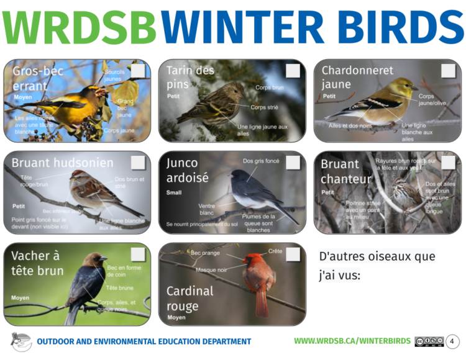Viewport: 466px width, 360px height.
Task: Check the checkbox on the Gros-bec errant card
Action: (x=138, y=71)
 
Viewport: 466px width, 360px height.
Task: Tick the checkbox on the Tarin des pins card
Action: (x=293, y=71)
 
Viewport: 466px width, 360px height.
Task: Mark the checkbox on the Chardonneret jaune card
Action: (x=448, y=71)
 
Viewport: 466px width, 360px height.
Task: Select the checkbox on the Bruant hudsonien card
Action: (x=138, y=163)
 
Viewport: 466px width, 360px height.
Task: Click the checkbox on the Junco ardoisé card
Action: (x=293, y=163)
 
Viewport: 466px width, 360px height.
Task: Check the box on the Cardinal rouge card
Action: (x=293, y=254)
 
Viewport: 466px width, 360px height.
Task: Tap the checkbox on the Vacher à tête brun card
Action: (x=138, y=254)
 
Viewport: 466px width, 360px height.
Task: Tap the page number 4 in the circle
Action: (x=452, y=341)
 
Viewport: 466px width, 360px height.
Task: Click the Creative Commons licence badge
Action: (x=429, y=341)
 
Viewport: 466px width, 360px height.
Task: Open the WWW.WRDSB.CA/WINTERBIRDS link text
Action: (x=352, y=341)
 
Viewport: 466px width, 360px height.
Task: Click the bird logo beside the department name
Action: (x=21, y=341)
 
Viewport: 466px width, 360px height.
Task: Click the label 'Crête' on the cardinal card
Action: (x=275, y=251)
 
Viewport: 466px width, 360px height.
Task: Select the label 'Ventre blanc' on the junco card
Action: (x=207, y=209)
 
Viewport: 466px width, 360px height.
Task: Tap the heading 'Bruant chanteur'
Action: (x=346, y=172)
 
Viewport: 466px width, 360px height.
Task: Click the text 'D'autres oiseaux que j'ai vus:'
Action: (x=377, y=265)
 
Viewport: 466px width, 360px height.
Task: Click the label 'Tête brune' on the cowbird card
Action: (x=120, y=288)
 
